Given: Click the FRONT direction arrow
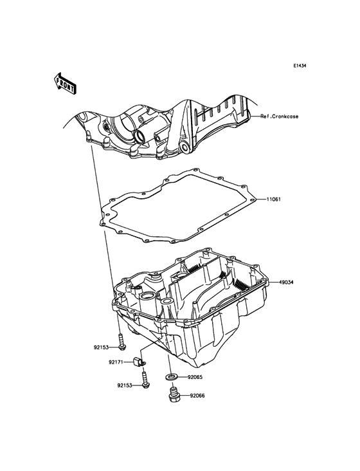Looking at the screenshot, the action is click(65, 83).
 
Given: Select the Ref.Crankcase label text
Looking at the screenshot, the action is click(280, 116).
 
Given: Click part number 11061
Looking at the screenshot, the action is click(273, 199).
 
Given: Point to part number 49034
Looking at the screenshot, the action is click(286, 282).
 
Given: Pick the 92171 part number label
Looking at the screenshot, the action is click(116, 362).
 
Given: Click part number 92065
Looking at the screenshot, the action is click(195, 376).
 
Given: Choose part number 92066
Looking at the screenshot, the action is click(197, 396).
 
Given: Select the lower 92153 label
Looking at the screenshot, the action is click(125, 385).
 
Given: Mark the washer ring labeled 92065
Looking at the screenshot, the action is click(171, 376).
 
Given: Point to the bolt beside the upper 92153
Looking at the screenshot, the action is click(122, 342).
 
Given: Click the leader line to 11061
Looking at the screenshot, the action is click(260, 199).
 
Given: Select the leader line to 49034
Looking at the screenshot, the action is click(274, 282).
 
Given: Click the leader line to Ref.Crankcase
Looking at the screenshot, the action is click(255, 116).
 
